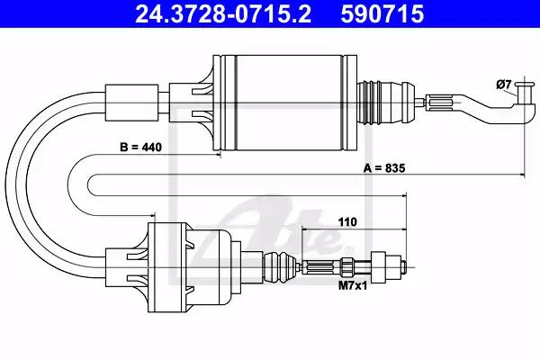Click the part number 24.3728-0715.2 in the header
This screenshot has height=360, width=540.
click(x=223, y=13)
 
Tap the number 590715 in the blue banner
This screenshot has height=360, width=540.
click(x=382, y=13)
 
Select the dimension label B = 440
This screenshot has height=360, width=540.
click(x=140, y=147)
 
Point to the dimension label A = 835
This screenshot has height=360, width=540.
click(x=384, y=168)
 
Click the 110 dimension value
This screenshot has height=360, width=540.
click(x=347, y=222)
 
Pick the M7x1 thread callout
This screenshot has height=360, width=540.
click(x=353, y=285)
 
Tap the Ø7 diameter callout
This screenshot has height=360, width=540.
click(x=504, y=85)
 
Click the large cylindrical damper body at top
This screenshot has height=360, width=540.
click(x=285, y=103)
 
